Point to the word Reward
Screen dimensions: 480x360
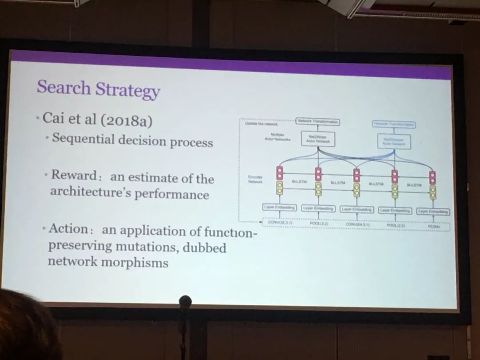(73, 175)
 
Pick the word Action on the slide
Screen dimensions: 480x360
(68, 228)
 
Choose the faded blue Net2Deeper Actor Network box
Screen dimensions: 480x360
(394, 142)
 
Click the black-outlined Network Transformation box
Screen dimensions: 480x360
(318, 122)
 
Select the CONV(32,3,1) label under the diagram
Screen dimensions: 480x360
(280, 223)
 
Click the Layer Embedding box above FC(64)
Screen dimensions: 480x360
(433, 212)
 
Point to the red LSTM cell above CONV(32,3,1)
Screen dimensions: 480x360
(280, 172)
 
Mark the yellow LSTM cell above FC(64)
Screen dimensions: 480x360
(432, 192)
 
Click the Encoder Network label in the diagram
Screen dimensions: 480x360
(255, 179)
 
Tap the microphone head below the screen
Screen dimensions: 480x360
(185, 302)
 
